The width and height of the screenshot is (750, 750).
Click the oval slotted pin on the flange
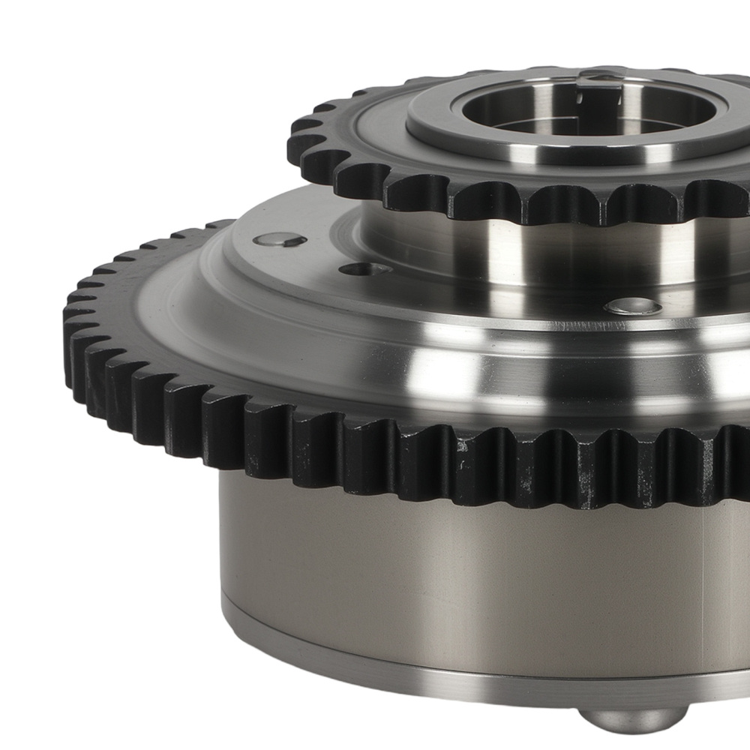click(280, 240)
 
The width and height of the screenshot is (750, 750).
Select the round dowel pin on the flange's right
click(634, 306)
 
